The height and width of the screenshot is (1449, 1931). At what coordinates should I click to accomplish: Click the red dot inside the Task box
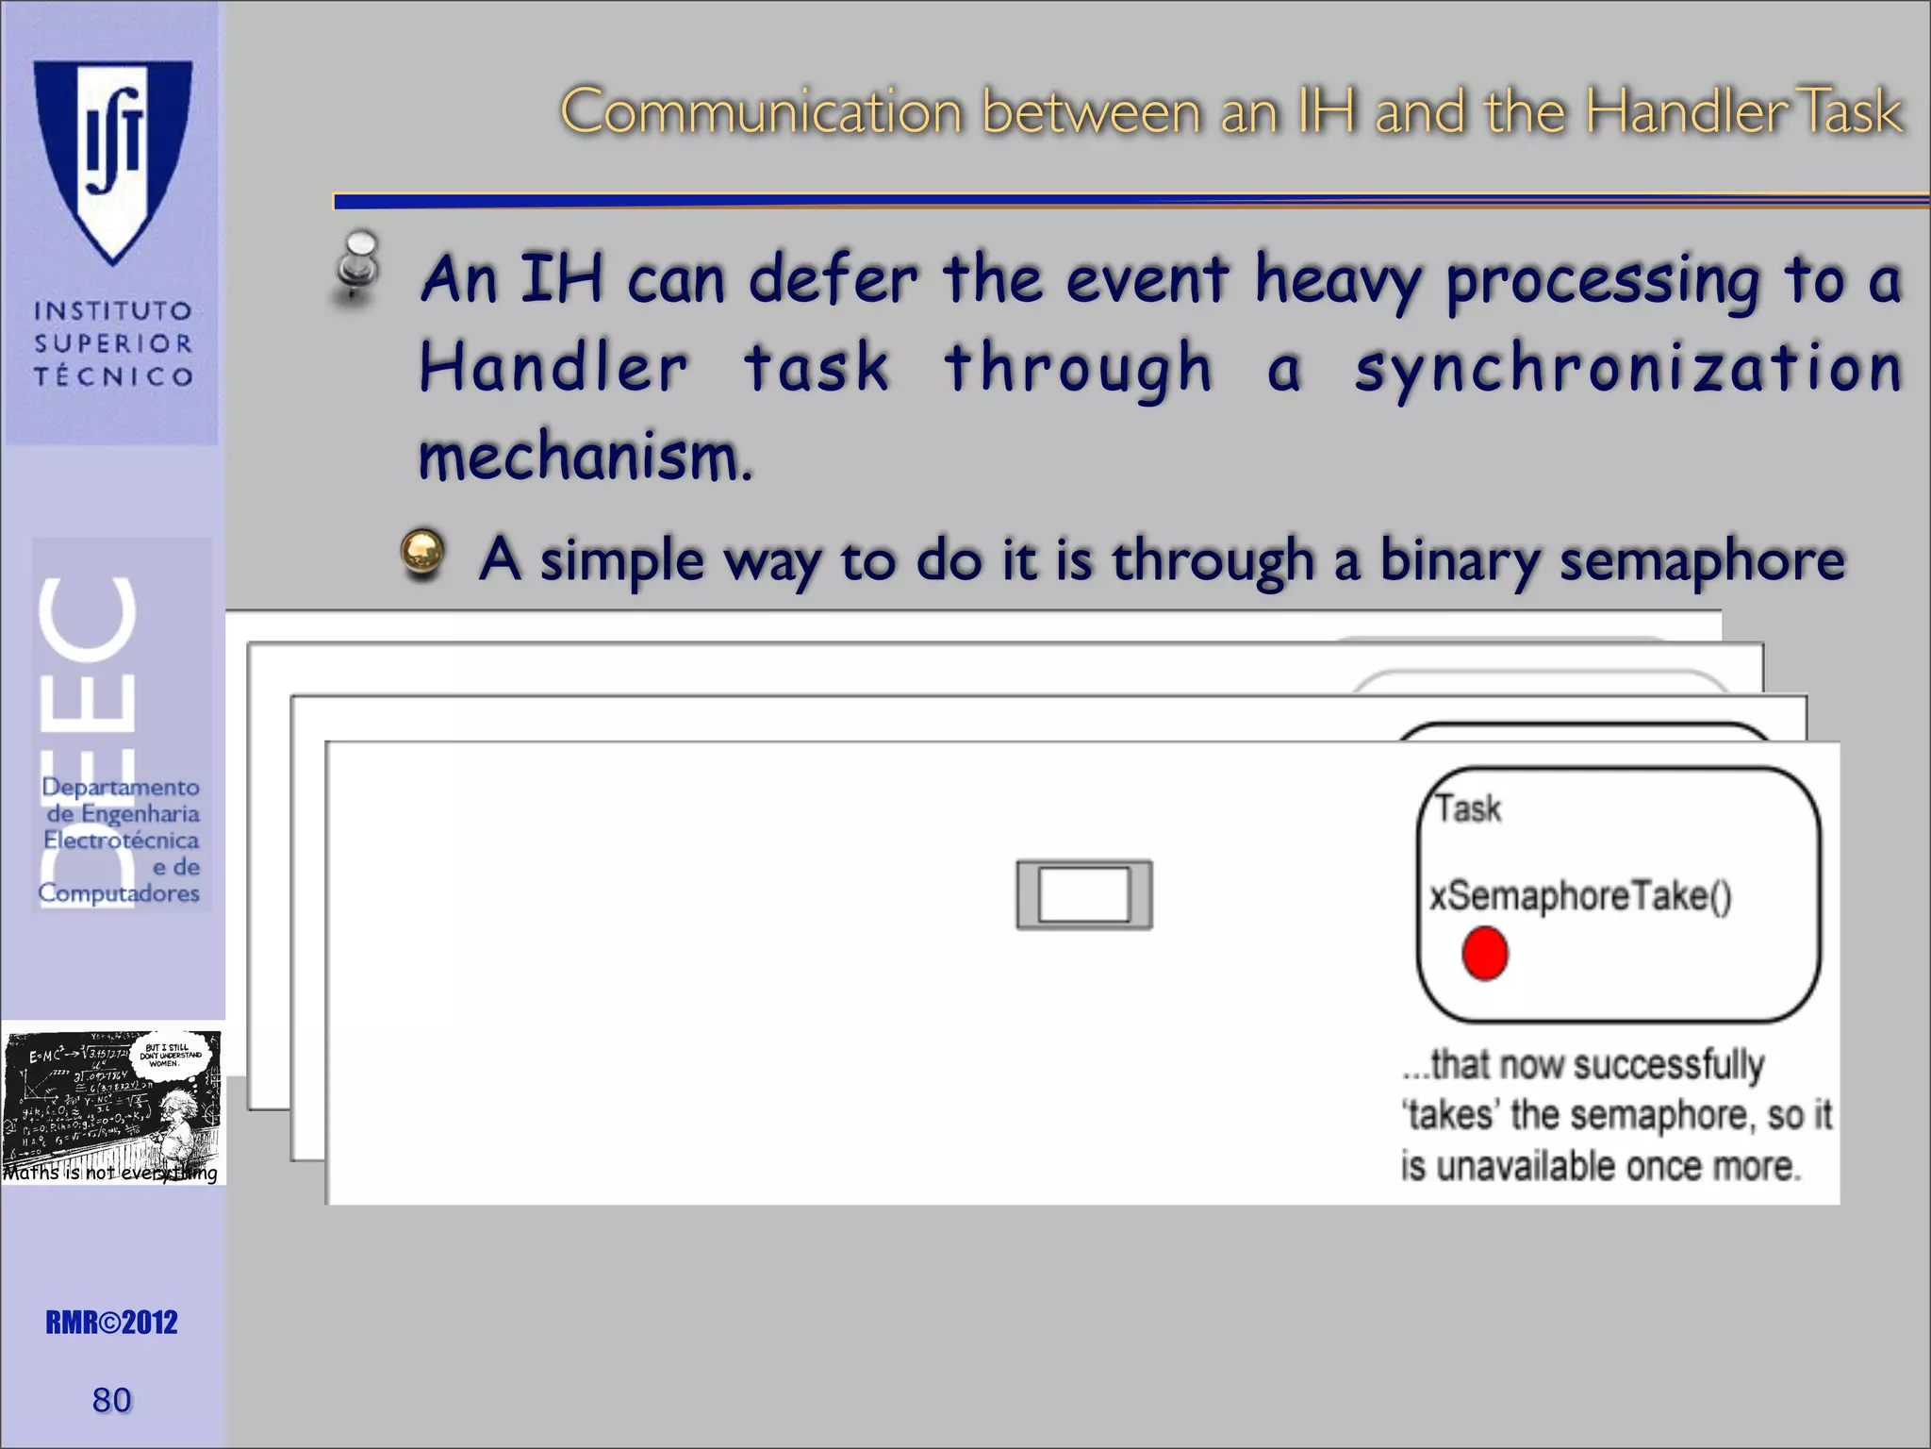[x=1484, y=954]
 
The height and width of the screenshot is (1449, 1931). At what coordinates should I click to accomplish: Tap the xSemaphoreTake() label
[x=1580, y=895]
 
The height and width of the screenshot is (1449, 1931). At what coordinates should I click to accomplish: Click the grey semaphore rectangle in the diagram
[x=1083, y=894]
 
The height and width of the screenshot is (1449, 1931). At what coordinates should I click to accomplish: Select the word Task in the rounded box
[x=1468, y=808]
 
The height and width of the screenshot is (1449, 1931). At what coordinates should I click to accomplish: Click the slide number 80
[x=111, y=1400]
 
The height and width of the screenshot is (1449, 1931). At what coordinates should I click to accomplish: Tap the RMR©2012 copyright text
[x=111, y=1323]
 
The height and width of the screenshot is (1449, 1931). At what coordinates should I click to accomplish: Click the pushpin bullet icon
[x=356, y=268]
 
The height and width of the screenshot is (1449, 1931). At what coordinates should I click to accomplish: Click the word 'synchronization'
[x=1628, y=369]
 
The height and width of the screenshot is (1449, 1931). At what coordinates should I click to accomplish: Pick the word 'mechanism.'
[x=585, y=458]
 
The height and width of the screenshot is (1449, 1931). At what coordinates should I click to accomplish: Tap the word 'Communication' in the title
[x=762, y=112]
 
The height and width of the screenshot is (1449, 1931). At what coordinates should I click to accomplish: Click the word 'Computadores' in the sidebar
[x=119, y=893]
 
